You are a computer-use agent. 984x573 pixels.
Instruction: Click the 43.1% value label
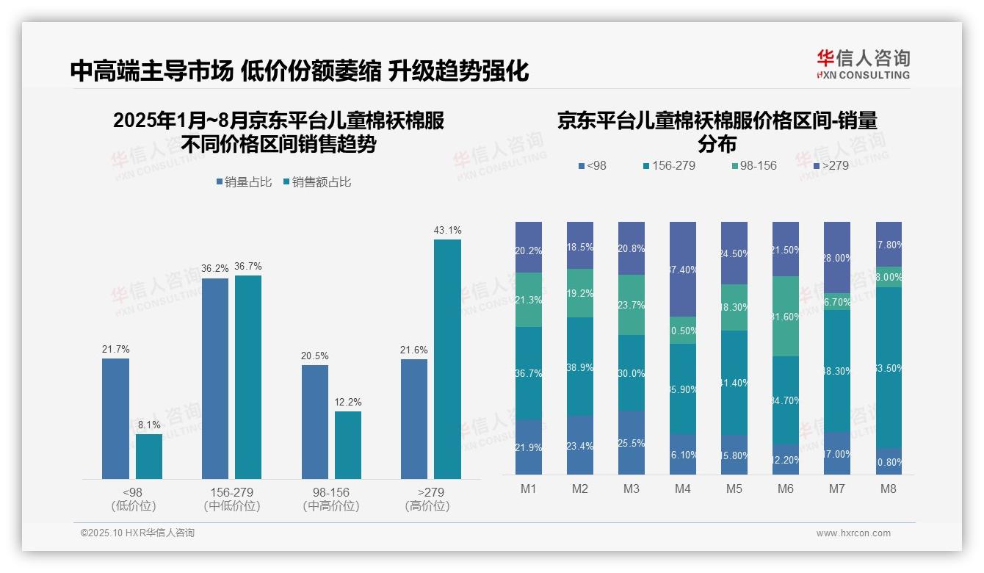click(447, 230)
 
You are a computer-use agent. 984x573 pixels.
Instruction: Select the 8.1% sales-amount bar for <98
click(149, 456)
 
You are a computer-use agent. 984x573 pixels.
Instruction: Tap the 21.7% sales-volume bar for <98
click(115, 419)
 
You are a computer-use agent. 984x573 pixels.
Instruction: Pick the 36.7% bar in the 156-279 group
click(248, 377)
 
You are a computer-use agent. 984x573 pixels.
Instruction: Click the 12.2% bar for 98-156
click(348, 445)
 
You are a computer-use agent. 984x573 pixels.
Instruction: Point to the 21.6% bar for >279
click(414, 419)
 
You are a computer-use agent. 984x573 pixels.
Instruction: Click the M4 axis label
click(682, 489)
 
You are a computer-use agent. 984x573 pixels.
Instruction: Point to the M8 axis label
click(888, 489)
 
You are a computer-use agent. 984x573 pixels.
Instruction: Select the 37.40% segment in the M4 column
click(682, 269)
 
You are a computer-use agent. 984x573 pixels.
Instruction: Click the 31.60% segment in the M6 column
click(785, 316)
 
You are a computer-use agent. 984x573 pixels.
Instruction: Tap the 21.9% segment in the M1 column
click(528, 447)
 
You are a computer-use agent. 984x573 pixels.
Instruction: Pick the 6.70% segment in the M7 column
click(836, 301)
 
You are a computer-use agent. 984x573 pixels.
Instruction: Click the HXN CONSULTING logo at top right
click(863, 65)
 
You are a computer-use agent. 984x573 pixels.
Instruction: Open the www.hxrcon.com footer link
click(853, 533)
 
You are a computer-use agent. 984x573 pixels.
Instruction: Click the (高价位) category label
click(427, 506)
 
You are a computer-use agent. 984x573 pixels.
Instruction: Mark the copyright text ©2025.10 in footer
click(137, 533)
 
